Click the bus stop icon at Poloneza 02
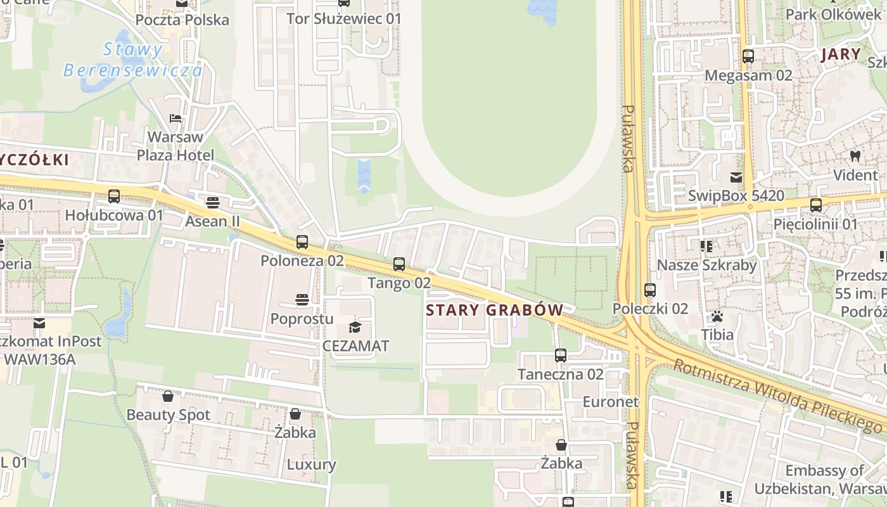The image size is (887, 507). (302, 242)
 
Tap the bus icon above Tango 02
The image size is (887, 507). (399, 264)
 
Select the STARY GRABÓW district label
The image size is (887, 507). (494, 310)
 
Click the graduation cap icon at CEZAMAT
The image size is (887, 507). (355, 327)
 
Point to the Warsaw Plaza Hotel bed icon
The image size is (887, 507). (175, 118)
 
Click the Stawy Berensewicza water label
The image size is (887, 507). (133, 60)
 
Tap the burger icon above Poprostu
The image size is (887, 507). (302, 299)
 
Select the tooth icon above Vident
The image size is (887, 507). (855, 155)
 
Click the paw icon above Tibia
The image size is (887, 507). (717, 316)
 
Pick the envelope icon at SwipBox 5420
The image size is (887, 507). (736, 177)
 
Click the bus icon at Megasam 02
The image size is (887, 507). (748, 56)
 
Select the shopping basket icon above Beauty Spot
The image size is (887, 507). (168, 396)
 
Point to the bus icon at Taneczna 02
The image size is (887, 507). (560, 356)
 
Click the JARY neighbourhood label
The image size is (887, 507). (841, 55)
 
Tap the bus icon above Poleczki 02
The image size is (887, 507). (650, 290)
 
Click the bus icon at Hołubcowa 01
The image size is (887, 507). (114, 196)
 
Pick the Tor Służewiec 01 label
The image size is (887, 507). (344, 18)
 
